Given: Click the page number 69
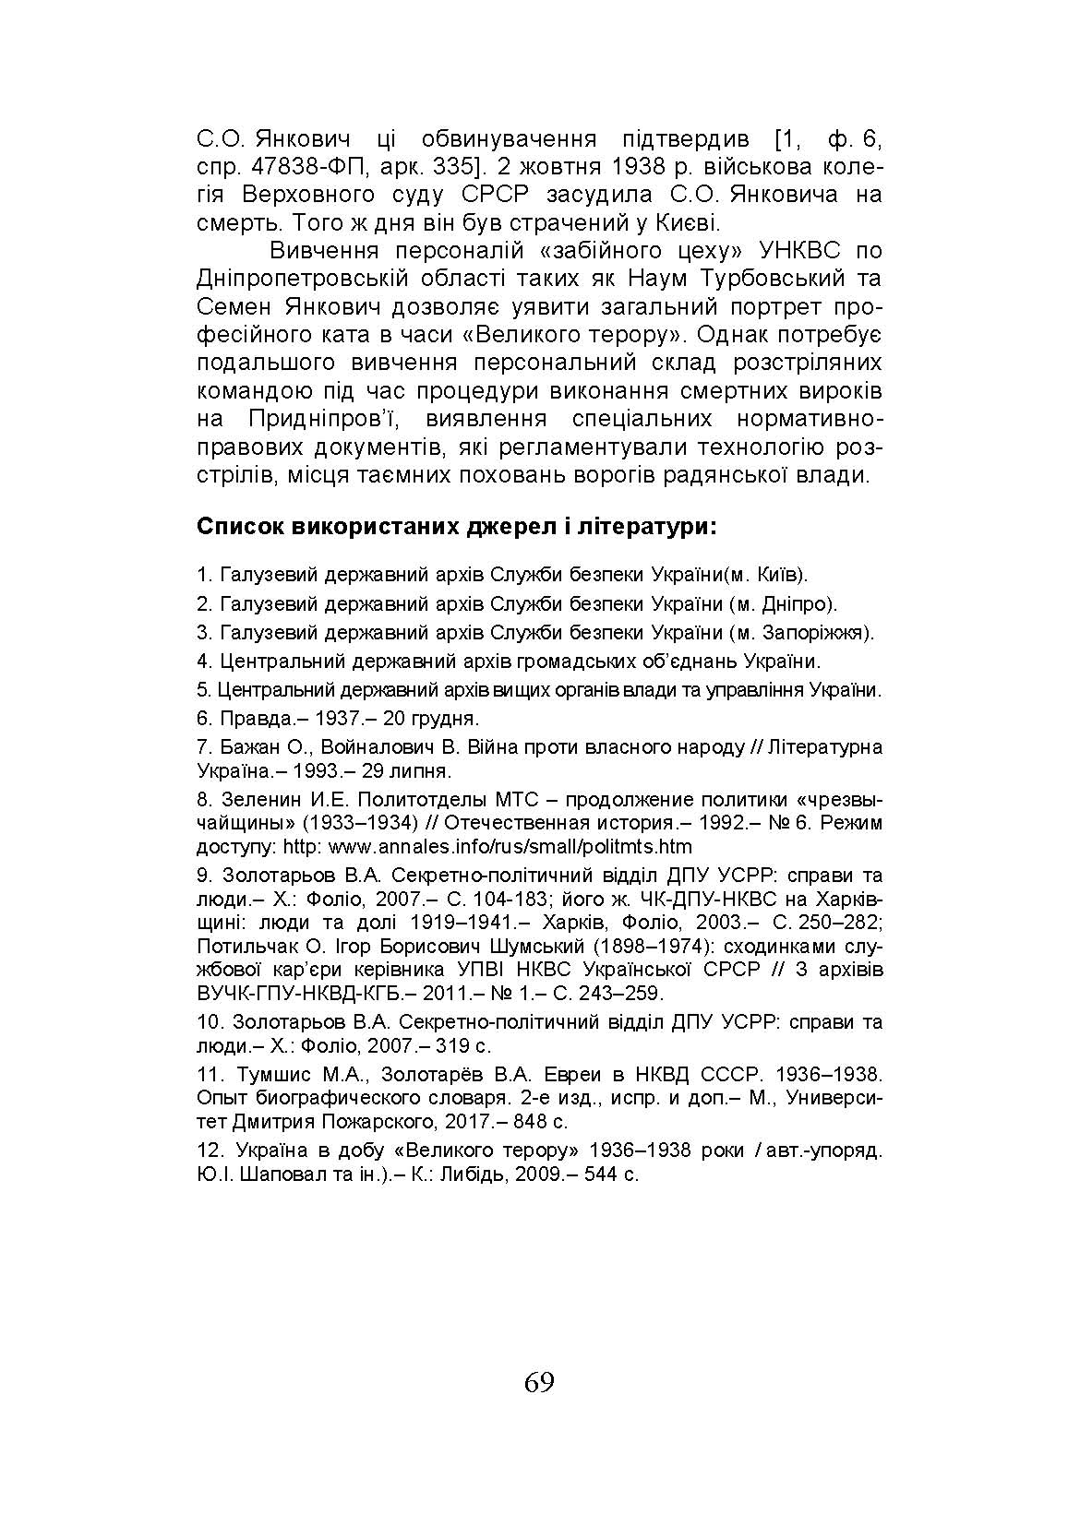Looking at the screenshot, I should [539, 1382].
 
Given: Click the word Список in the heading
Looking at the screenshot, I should [240, 529].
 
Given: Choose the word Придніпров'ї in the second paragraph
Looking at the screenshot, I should [322, 419].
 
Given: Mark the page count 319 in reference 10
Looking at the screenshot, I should [457, 1046].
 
